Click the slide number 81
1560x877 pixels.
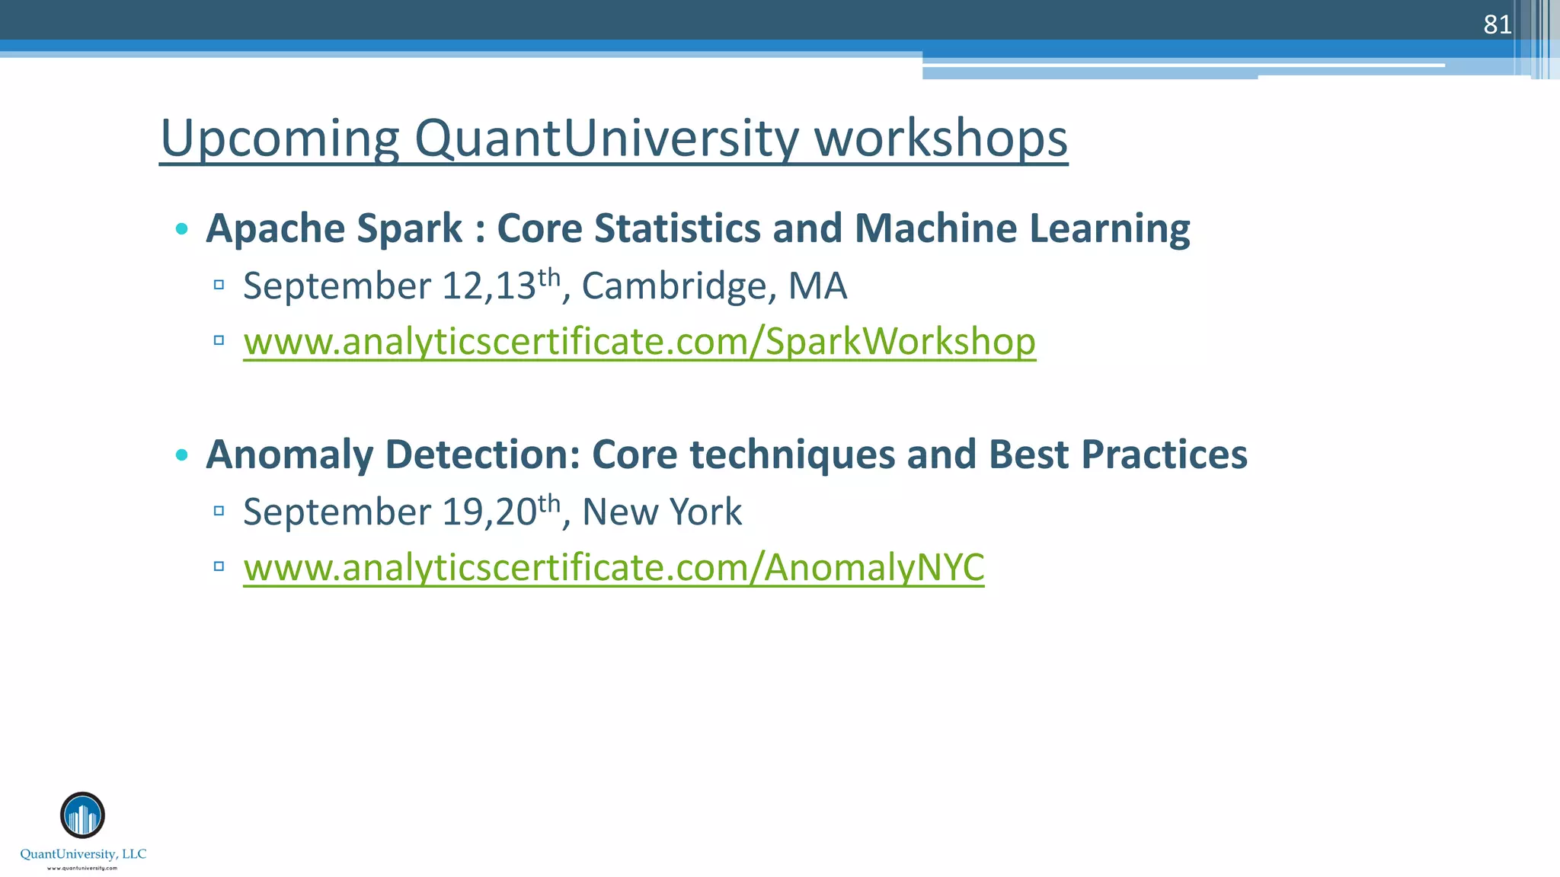[x=1497, y=24]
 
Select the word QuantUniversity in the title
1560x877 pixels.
[x=606, y=139]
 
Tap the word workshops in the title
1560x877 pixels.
[x=941, y=139]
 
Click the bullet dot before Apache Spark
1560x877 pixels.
[x=181, y=228]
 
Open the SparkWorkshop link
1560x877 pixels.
[x=639, y=341]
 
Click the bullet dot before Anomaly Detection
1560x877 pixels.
[x=181, y=455]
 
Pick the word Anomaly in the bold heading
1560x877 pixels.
[x=289, y=454]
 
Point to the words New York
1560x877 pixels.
[x=661, y=512]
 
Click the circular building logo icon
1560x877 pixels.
[x=82, y=815]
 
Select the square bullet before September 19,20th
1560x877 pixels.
[x=219, y=511]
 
